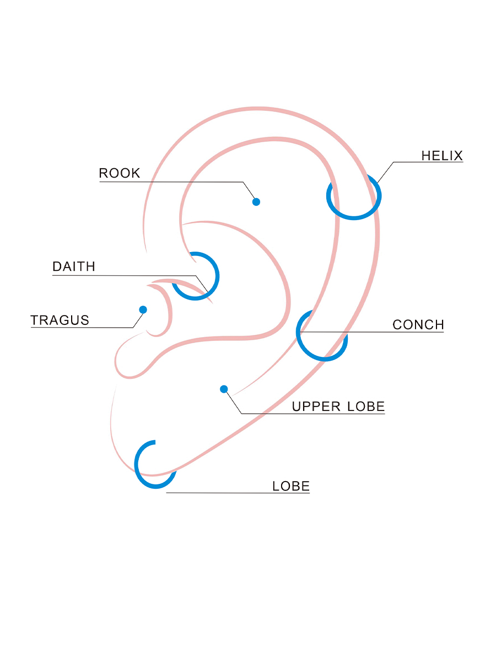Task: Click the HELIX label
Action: click(442, 156)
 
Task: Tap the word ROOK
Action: click(120, 173)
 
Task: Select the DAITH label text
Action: click(74, 267)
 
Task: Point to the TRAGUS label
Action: click(60, 320)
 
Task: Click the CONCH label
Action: click(418, 325)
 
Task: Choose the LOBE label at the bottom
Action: click(291, 487)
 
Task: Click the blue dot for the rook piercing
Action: click(256, 202)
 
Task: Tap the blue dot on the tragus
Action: click(143, 309)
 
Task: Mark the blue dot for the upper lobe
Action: click(224, 389)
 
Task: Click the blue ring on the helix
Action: click(354, 218)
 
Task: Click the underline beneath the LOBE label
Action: click(237, 493)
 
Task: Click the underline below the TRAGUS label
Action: click(83, 328)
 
